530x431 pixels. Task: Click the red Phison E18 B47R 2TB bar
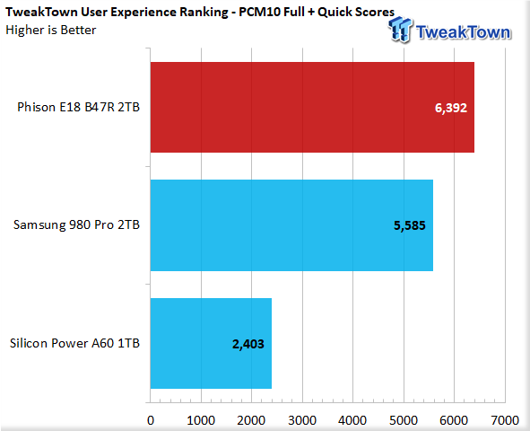(312, 107)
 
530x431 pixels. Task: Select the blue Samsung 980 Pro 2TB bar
(291, 225)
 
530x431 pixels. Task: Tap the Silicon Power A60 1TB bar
(212, 343)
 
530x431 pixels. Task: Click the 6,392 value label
(451, 108)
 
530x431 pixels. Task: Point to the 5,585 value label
(410, 225)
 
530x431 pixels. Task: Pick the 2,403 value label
(248, 344)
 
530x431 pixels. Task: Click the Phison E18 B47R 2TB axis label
(78, 107)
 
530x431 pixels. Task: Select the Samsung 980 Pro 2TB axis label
(76, 225)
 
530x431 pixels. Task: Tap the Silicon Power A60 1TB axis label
(74, 343)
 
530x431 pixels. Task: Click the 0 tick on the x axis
(151, 420)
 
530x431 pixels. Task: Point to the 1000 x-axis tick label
(201, 420)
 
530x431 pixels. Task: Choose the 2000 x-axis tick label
(251, 420)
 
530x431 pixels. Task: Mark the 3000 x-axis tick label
(302, 420)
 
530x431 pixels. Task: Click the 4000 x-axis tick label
(352, 420)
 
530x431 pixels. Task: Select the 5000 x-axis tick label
(404, 420)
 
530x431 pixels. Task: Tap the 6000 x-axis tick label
(454, 420)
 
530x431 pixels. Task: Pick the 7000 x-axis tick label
(505, 420)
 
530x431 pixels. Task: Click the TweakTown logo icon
(401, 30)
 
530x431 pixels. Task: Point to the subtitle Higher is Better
(51, 31)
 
